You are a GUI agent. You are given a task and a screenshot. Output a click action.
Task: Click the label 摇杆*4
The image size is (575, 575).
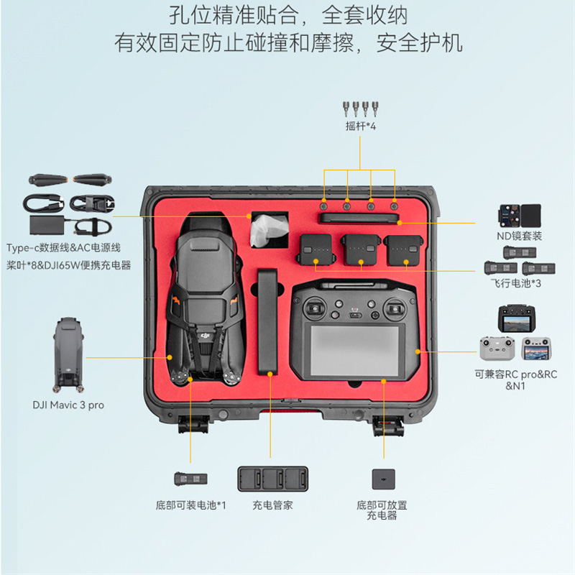(360, 126)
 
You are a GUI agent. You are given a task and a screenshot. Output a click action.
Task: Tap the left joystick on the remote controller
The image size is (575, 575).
(316, 311)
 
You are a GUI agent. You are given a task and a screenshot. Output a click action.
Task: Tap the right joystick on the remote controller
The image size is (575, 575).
(395, 311)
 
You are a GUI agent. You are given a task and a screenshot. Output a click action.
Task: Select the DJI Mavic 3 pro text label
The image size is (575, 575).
(68, 405)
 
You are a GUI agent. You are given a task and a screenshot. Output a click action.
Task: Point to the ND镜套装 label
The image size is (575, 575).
(520, 235)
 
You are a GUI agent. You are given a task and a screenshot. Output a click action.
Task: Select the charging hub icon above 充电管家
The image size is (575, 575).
(272, 477)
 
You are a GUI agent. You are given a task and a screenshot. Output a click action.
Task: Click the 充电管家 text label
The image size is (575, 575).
(272, 505)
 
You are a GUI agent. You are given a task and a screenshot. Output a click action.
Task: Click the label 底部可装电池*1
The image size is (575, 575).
(190, 505)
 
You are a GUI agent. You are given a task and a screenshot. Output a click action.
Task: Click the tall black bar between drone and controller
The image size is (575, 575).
(268, 321)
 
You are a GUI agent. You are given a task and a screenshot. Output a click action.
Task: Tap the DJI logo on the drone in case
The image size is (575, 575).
(207, 333)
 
